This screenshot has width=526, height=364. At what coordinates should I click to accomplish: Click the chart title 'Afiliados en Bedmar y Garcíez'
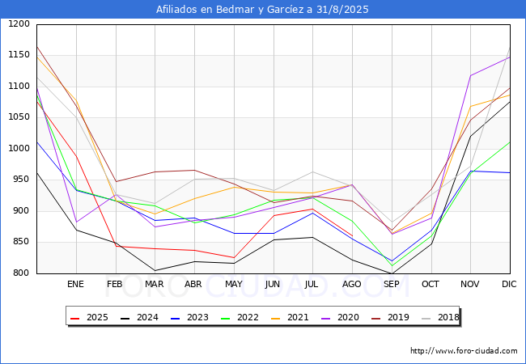263,10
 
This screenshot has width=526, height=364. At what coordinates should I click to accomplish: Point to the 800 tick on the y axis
20,273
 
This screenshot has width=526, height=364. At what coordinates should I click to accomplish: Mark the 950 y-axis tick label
20,180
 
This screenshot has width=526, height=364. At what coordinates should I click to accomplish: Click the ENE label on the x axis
75,284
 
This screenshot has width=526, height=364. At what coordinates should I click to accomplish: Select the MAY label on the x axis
233,284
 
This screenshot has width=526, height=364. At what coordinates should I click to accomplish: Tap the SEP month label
391,284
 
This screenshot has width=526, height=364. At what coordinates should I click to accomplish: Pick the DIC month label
509,284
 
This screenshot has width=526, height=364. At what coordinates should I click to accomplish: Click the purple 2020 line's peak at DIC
509,56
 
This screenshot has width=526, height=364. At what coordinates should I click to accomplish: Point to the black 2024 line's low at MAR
155,270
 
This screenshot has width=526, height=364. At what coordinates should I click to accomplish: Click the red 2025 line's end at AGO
352,236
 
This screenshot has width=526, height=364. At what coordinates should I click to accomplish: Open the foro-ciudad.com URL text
464,351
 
